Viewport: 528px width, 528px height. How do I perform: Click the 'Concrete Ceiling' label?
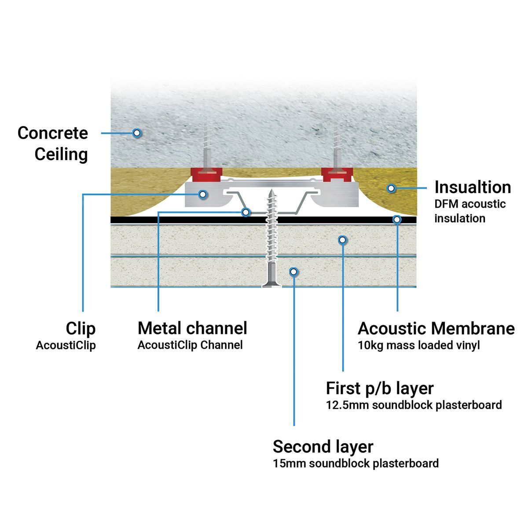53,143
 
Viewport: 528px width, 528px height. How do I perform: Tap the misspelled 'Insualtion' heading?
473,187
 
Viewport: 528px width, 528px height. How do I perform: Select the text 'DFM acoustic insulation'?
469,211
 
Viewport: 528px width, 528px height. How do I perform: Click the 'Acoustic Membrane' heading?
436,329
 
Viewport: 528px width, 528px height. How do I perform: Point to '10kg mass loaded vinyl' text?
418,345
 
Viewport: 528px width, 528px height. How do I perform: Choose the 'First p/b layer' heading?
379,389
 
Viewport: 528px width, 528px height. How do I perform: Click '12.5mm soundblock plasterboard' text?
414,405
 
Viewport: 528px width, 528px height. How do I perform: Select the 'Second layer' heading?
323,447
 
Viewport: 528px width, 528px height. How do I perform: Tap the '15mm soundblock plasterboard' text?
356,463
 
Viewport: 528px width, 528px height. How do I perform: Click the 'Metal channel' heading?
192,328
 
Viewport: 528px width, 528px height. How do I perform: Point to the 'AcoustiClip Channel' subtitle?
190,345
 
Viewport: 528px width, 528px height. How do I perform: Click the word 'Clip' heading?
81,329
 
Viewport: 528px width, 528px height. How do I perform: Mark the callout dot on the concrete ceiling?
137,132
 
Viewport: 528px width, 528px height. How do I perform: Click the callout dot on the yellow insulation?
391,188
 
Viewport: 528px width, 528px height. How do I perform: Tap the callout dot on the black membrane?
397,219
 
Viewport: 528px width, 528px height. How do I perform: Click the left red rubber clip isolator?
206,175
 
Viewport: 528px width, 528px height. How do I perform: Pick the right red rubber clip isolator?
337,175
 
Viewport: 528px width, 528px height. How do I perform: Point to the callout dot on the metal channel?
246,212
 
